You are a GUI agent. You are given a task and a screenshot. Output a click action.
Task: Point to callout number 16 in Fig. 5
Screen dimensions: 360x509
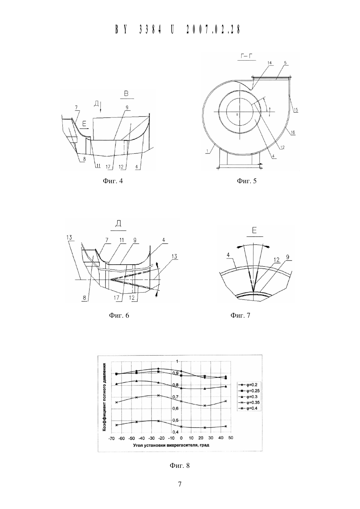(x=293, y=132)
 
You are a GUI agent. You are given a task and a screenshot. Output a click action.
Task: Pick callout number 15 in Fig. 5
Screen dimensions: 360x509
(x=296, y=110)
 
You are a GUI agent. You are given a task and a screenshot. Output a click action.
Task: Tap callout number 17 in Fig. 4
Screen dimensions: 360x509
(x=108, y=167)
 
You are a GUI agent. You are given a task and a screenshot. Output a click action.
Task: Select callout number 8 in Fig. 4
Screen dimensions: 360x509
(x=84, y=159)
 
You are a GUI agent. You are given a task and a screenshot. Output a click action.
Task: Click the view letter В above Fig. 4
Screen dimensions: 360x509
(x=126, y=93)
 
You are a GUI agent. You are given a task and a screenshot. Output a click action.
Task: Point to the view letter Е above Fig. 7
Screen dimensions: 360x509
(x=254, y=230)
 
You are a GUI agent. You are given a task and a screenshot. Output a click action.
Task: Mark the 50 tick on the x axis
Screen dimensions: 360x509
(x=231, y=438)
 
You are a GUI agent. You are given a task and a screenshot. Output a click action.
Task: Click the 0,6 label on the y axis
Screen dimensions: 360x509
(x=176, y=408)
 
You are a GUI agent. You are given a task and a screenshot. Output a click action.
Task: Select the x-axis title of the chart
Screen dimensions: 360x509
(x=171, y=445)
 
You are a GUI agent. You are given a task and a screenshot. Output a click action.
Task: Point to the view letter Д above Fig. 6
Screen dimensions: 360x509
(x=118, y=224)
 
